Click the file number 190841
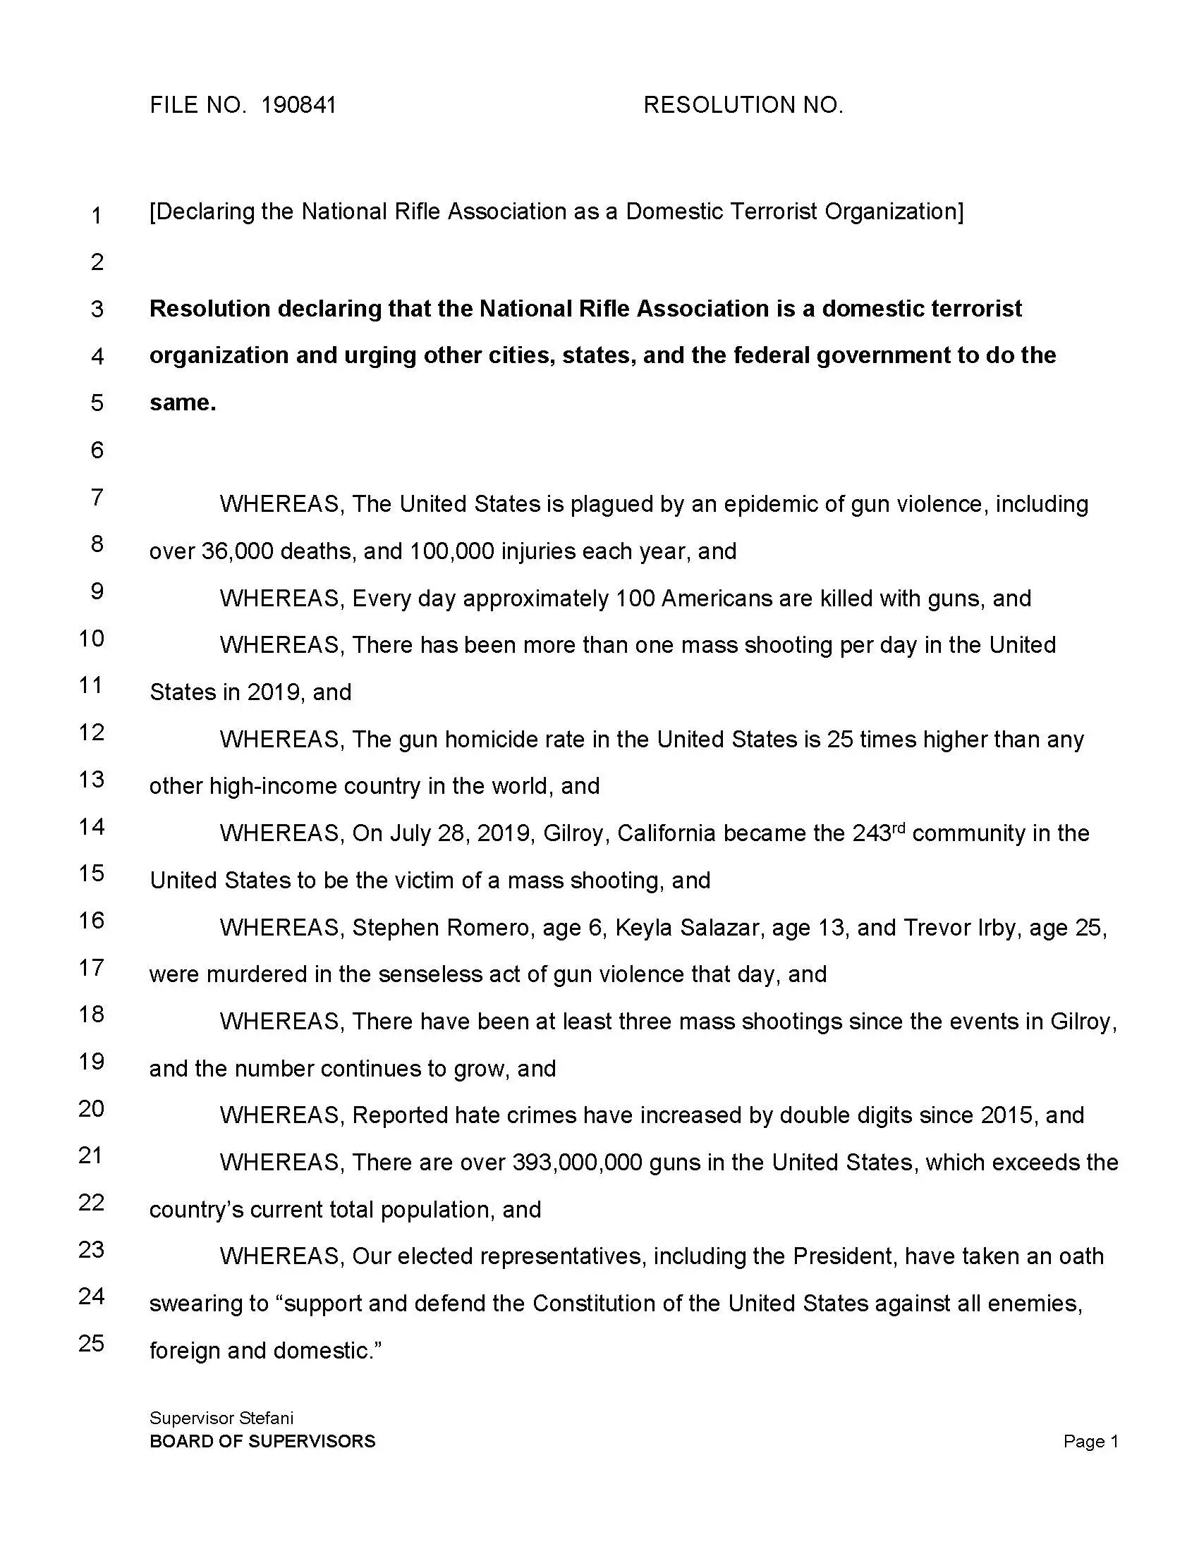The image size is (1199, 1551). click(x=298, y=105)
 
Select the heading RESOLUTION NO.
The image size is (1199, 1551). click(x=743, y=105)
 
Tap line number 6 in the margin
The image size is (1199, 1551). click(x=97, y=450)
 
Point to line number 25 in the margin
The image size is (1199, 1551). click(x=92, y=1343)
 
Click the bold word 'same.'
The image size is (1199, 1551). click(x=183, y=403)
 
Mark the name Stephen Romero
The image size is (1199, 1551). click(x=440, y=928)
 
